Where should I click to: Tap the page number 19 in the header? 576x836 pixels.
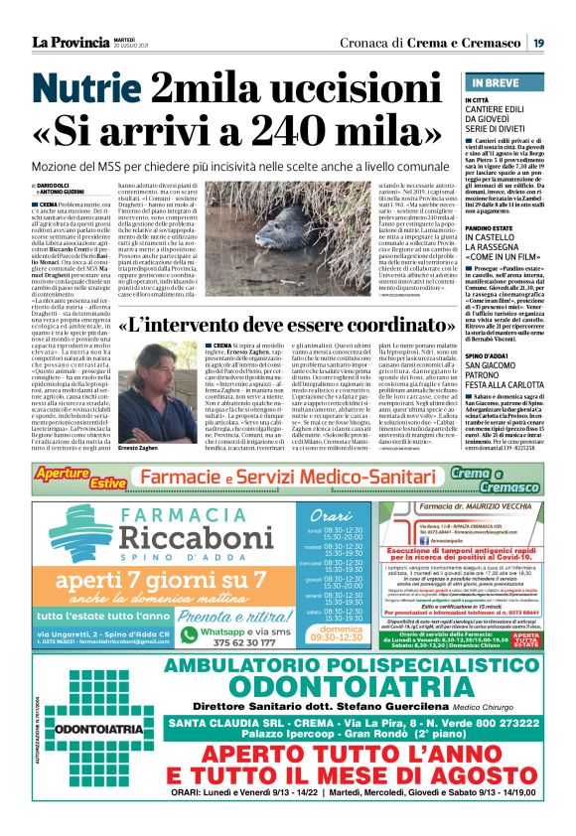(536, 42)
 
